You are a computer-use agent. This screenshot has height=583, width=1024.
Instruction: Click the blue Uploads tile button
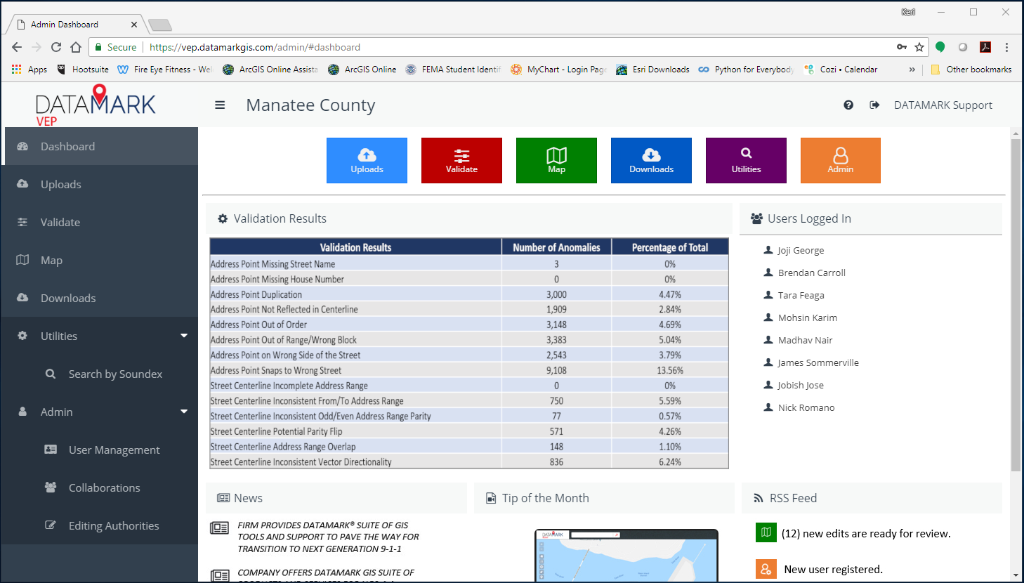point(367,160)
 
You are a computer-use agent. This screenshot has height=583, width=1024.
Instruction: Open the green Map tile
point(556,160)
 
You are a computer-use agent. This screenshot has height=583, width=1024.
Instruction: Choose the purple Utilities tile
point(746,160)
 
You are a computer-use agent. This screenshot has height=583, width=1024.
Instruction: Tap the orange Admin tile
point(840,160)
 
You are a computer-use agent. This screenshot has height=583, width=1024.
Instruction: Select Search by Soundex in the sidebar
point(115,374)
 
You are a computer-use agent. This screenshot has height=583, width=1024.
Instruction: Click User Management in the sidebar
point(114,450)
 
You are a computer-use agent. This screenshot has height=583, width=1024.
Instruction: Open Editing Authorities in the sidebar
point(114,526)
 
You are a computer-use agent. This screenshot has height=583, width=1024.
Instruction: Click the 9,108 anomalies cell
point(556,371)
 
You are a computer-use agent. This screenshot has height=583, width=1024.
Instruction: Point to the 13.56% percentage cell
point(669,371)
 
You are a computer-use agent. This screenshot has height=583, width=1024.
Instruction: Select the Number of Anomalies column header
point(556,248)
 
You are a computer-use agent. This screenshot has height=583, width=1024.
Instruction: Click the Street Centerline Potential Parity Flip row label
point(276,432)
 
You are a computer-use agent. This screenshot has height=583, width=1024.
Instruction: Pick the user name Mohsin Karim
point(807,318)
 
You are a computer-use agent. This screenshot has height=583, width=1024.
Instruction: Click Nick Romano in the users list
point(806,408)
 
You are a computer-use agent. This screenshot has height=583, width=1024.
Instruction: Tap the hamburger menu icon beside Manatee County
point(220,105)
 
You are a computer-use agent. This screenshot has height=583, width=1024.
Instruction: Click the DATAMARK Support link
point(943,105)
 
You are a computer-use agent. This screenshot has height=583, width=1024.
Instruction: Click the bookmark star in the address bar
point(919,47)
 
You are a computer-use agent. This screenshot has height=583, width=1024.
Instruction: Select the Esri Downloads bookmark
point(660,70)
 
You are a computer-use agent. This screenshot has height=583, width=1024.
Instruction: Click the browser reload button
point(56,47)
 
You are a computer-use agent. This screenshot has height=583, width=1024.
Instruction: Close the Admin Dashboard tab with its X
point(134,25)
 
